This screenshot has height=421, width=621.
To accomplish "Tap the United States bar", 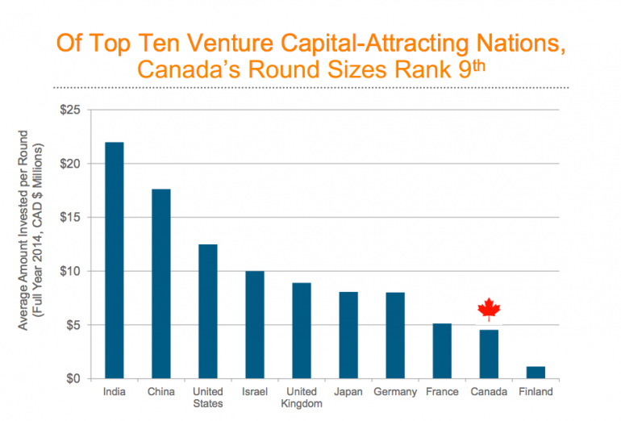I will point(207,311).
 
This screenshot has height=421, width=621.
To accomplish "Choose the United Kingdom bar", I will point(301,331).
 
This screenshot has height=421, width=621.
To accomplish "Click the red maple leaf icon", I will point(489,309).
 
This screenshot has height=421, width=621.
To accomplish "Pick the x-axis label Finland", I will point(536,393).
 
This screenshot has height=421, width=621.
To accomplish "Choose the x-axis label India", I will point(114,393).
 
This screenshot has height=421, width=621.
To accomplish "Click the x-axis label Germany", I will point(394,393).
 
